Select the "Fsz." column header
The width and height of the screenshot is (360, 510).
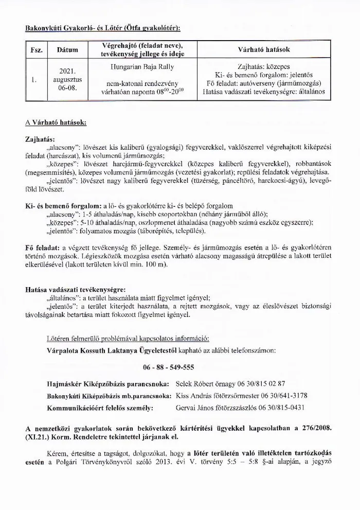coord(37,50)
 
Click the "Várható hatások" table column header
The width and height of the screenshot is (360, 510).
coord(264,50)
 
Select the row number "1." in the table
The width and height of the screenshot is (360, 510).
coord(33,80)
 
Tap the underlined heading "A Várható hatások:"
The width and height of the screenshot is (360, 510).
coord(56,124)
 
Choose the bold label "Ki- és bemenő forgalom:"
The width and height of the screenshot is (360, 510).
coord(63,205)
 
